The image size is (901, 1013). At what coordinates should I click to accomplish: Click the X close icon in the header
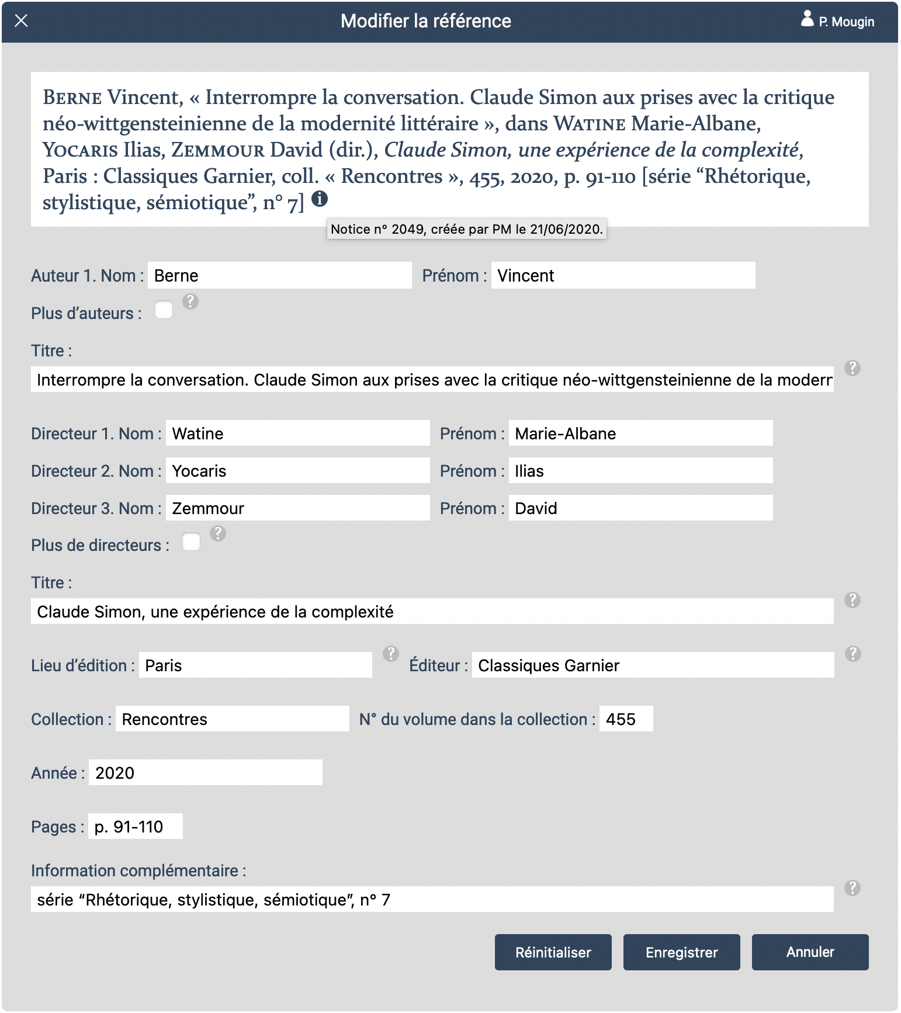[x=21, y=21]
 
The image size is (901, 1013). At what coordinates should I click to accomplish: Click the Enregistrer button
[x=681, y=952]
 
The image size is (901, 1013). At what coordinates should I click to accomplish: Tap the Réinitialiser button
[x=553, y=952]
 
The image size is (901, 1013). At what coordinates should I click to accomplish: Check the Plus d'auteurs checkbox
[x=164, y=310]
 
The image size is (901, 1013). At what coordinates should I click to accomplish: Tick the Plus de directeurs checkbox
[x=191, y=542]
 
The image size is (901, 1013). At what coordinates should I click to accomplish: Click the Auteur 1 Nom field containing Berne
[x=279, y=275]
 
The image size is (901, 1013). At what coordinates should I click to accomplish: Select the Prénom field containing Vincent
[x=623, y=275]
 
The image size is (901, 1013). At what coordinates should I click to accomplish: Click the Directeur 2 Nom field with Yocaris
[x=297, y=471]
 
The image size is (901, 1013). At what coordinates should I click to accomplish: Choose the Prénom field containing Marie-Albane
[x=640, y=433]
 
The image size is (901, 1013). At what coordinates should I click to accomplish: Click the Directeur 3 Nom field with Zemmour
[x=297, y=508]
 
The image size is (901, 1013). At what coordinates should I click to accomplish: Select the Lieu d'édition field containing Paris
[x=255, y=665]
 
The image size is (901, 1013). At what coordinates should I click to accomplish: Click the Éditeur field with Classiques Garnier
[x=653, y=665]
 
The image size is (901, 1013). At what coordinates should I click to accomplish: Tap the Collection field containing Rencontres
[x=232, y=719]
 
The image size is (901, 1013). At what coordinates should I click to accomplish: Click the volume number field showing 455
[x=626, y=719]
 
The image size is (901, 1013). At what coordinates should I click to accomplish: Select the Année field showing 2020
[x=205, y=773]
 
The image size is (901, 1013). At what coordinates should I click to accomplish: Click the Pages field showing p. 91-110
[x=135, y=827]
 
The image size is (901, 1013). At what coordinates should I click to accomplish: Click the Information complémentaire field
[x=432, y=900]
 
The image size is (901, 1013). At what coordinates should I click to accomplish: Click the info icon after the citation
[x=320, y=199]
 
